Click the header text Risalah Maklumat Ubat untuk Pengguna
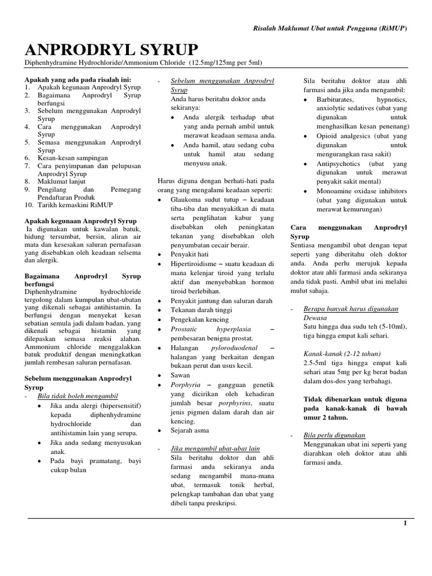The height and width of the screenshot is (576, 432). point(324,28)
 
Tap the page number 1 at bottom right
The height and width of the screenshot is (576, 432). point(404,523)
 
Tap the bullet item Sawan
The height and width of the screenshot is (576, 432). point(181,375)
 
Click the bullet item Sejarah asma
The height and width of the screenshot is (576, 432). point(192,430)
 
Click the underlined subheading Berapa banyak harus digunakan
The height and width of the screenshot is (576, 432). point(350,309)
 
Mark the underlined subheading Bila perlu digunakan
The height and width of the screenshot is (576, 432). point(334,435)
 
